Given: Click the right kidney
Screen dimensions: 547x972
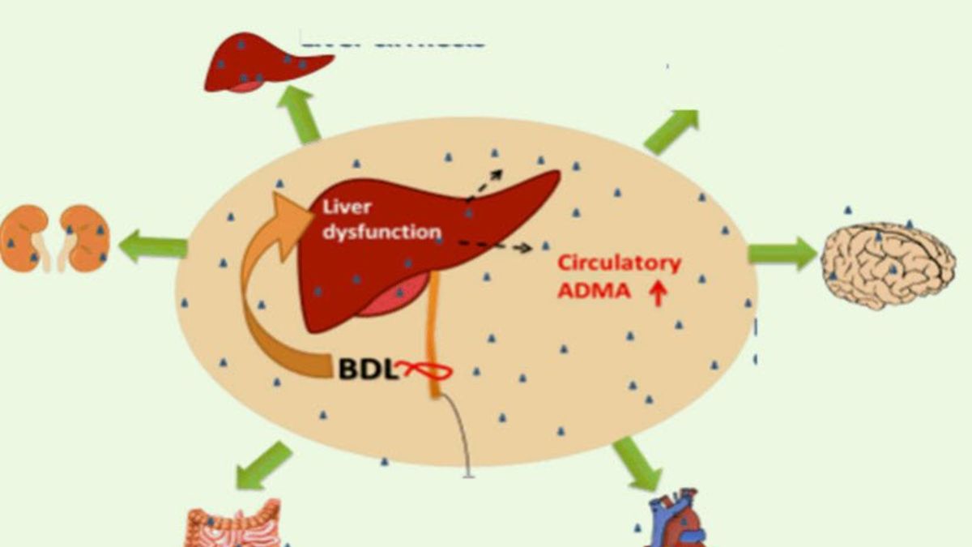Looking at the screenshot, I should (x=86, y=237).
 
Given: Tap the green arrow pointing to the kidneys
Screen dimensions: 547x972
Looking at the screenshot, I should (x=153, y=245).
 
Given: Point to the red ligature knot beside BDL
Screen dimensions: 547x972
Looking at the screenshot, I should (x=425, y=371).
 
